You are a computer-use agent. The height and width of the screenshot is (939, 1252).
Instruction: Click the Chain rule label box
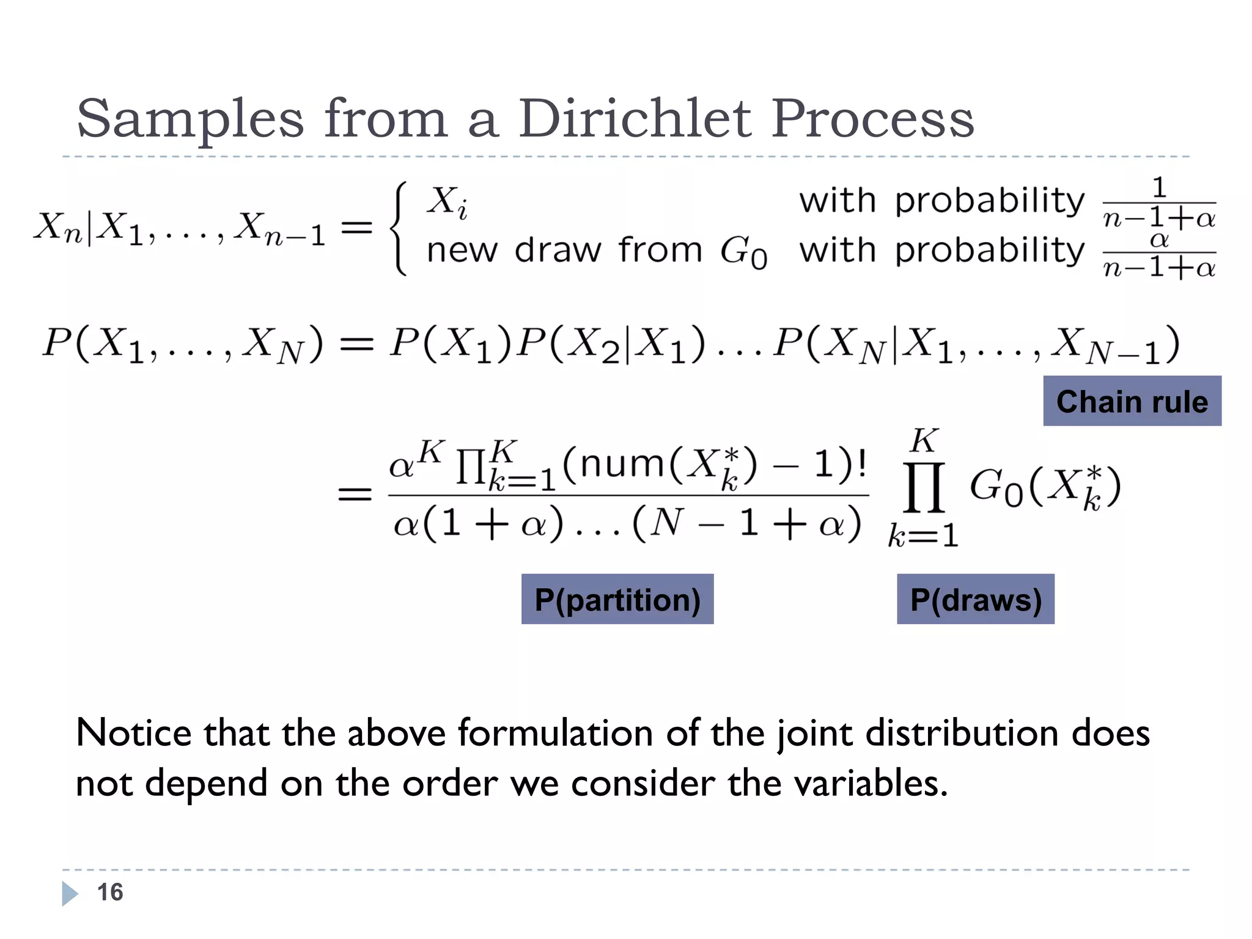click(x=1132, y=401)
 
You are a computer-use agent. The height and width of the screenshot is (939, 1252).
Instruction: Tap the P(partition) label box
click(x=617, y=599)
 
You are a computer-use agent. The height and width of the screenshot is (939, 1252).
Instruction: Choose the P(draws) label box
click(x=975, y=599)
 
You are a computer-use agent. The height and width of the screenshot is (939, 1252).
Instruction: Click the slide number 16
click(x=110, y=892)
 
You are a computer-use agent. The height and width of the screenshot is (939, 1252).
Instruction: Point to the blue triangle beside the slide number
click(x=69, y=893)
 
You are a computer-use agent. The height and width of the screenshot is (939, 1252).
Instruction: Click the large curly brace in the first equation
click(x=399, y=229)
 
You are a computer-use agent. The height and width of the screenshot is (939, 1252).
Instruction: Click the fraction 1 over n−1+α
click(x=1158, y=203)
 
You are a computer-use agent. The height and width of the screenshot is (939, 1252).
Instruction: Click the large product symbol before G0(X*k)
click(x=924, y=487)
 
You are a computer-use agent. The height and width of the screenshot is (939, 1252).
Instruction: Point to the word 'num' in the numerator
click(x=622, y=464)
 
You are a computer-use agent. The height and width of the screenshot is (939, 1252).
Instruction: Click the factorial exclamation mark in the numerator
click(x=862, y=464)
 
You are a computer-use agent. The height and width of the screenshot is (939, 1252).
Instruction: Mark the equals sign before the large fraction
click(x=355, y=494)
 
